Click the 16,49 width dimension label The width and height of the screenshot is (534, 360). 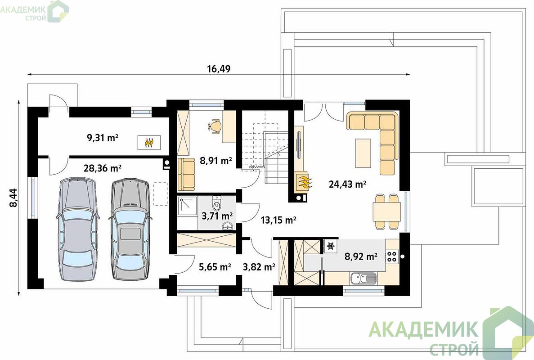[x=219, y=69]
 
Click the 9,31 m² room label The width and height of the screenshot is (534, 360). [x=103, y=138]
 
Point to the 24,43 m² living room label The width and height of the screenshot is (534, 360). [x=347, y=184]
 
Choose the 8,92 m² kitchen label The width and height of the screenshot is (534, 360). [x=361, y=256]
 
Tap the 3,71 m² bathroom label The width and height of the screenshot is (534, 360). [x=217, y=216]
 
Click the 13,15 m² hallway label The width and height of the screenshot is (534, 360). [x=278, y=220]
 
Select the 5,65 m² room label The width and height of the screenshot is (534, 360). [x=215, y=267]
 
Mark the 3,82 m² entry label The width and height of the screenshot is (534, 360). [x=259, y=267]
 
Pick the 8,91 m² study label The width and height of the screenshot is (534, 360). [x=216, y=161]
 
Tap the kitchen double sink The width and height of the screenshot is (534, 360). [x=363, y=279]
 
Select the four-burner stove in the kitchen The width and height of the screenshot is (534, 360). [x=392, y=256]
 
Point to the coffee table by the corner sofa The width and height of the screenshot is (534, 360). [x=363, y=153]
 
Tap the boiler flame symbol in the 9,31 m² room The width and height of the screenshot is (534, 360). [x=149, y=142]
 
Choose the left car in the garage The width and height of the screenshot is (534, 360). [x=78, y=229]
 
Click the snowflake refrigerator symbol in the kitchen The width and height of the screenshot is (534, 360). [x=330, y=246]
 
